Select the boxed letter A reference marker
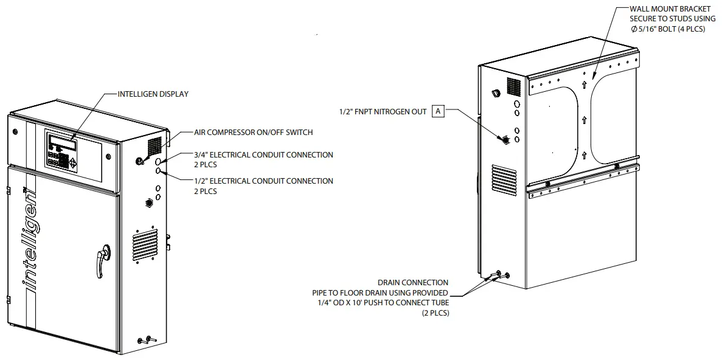438,111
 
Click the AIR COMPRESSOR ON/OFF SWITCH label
253,132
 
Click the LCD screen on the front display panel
63,145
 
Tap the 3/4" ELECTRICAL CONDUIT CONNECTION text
263,155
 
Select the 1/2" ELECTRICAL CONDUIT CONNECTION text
263,181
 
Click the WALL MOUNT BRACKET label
670,9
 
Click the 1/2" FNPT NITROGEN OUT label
383,112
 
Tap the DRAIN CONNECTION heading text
413,282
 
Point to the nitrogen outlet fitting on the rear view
504,139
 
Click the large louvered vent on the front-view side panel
145,243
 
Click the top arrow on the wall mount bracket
584,86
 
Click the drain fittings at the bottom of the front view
147,340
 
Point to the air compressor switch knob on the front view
139,161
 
